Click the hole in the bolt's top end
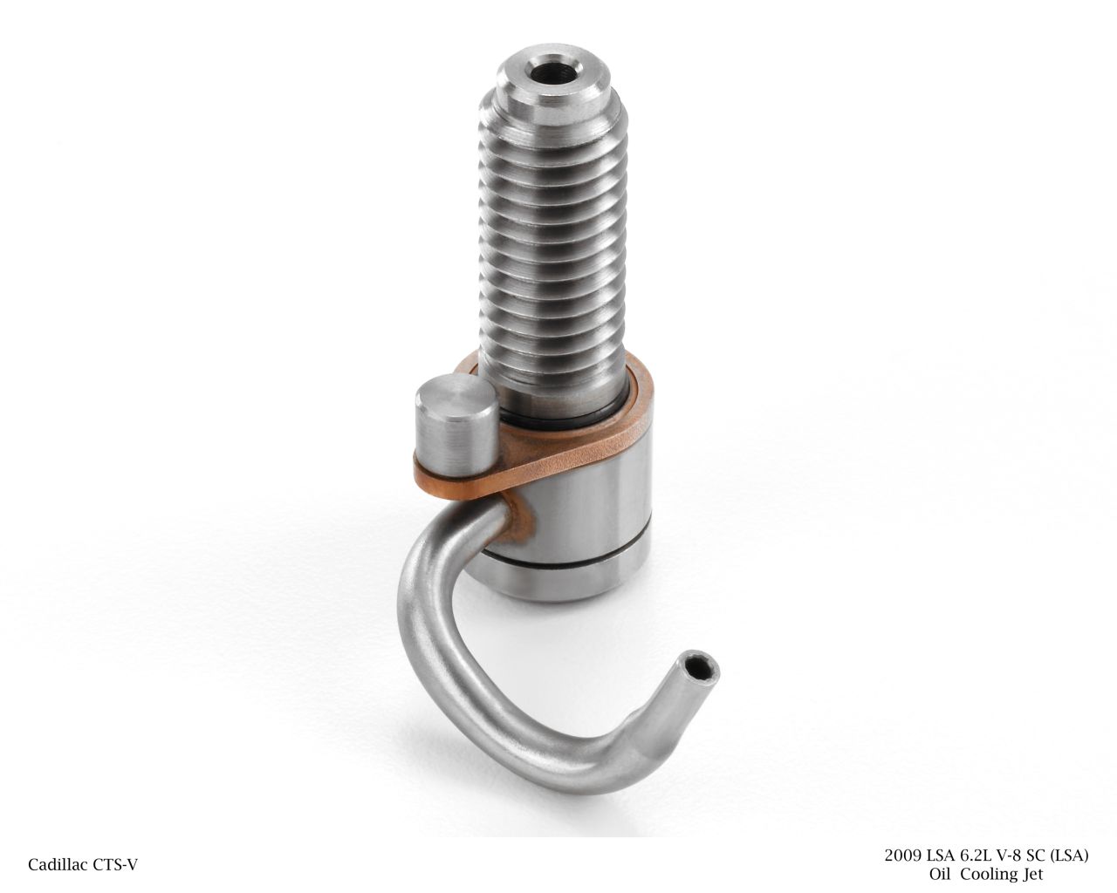552,72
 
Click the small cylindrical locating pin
456,422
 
